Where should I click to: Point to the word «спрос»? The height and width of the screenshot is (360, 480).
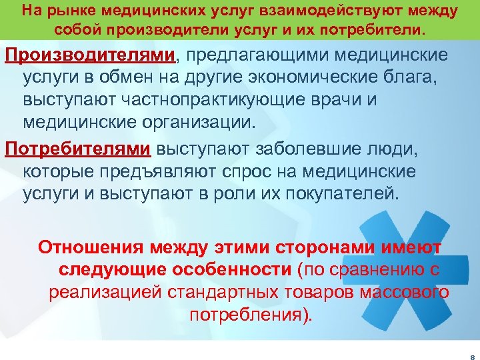click(x=253, y=172)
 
